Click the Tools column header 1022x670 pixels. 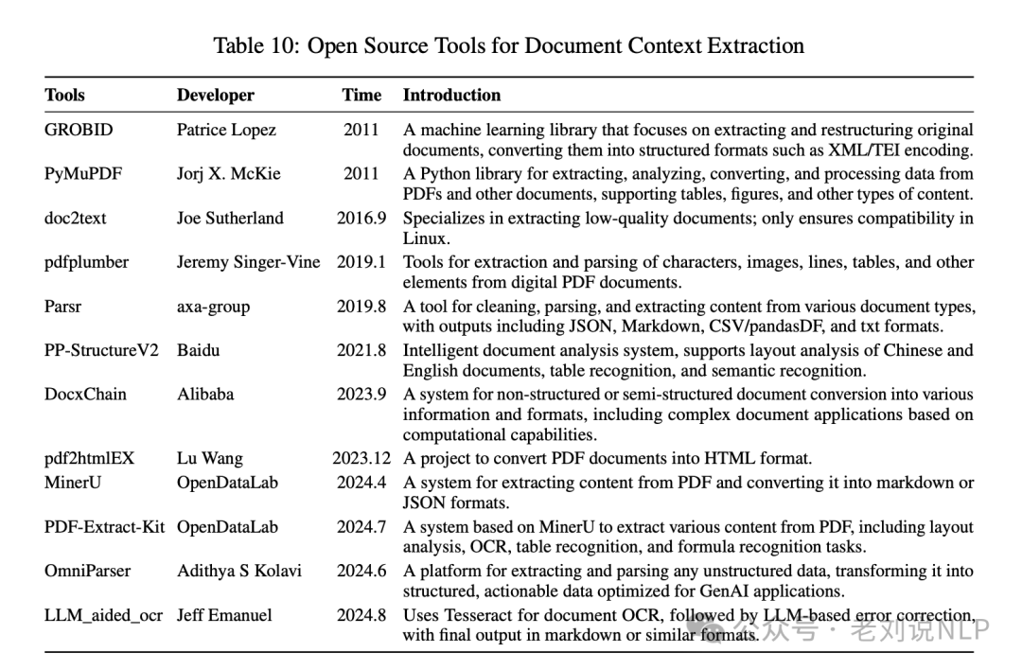[x=64, y=95]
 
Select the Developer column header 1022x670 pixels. [x=215, y=95]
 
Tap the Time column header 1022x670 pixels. [x=361, y=95]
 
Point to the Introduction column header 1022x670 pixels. [x=451, y=95]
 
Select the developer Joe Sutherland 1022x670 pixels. [x=230, y=218]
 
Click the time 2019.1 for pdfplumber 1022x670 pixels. [x=361, y=261]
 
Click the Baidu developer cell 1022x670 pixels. [x=198, y=349]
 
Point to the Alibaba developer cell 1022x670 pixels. [x=205, y=394]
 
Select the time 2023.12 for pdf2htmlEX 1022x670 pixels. [x=361, y=458]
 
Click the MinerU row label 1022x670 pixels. [x=73, y=482]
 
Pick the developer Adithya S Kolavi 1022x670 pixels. [x=240, y=571]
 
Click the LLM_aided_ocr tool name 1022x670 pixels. [x=103, y=614]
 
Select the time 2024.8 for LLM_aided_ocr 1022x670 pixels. [x=361, y=614]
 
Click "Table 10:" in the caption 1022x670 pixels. [x=254, y=44]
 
